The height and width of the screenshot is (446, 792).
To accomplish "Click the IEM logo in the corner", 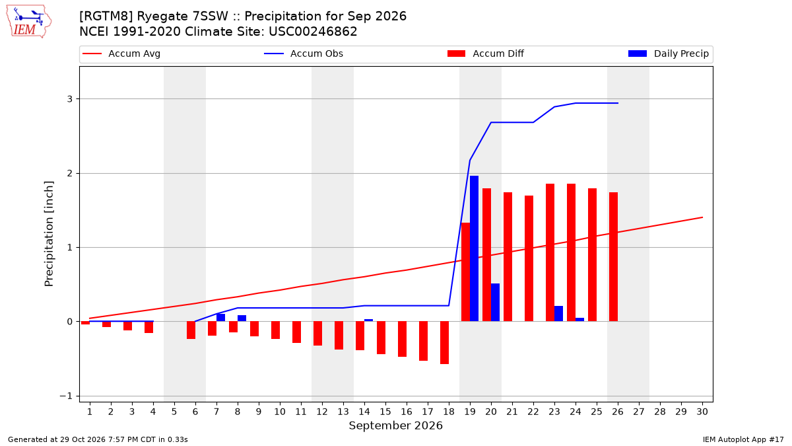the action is coord(29,22).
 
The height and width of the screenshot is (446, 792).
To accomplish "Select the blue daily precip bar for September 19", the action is coord(474,248).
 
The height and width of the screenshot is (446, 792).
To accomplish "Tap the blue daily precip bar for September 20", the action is coord(496,303).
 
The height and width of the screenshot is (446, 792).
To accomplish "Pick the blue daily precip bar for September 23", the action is coord(558,314).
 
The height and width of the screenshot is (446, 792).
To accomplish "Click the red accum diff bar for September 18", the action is coord(444,343).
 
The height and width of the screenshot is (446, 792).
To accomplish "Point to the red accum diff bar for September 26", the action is coord(613,256).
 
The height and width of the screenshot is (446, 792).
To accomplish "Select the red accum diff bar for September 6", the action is coord(191,330).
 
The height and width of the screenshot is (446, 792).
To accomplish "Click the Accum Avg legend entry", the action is coord(121,54).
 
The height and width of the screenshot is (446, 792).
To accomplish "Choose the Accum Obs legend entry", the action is coord(304,54).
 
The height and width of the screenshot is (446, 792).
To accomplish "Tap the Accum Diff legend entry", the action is coord(486,54).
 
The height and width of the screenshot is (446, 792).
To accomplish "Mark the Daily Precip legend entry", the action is coord(668,54).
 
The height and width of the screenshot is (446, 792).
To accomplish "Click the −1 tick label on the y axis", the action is coord(66,396).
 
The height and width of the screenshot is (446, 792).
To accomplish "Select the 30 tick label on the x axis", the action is coord(702,412).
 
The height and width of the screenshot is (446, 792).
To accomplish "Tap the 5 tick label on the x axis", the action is coord(174,412).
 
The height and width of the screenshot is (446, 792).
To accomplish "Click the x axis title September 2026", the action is coord(395,426).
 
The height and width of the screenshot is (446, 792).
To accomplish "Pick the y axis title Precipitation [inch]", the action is coord(49,234).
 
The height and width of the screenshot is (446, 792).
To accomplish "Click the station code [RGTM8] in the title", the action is coord(106,17).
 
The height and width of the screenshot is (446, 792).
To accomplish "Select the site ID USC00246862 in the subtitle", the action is coord(313,32).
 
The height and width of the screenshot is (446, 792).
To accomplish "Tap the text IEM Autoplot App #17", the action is coord(743,439).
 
